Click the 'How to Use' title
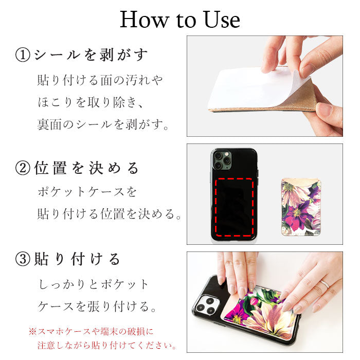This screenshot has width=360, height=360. pos(180,20)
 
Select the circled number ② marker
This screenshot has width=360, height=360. pos(23,168)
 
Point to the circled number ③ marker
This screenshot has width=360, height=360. pos(23,259)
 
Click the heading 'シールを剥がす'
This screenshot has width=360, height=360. pos(91,55)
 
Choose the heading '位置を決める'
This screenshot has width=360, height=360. pos(86,168)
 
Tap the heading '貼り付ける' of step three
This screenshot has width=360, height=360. pos(77,259)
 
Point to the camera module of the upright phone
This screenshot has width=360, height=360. pos(222,160)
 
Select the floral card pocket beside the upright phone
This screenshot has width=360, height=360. pos(301,207)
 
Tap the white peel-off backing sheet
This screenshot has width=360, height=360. pos(255,88)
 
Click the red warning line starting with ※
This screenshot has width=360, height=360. pos(91,332)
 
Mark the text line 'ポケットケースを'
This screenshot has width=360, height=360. pos(87,192)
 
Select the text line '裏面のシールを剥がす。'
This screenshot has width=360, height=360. pos(103,124)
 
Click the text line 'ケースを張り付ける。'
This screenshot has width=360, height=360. pos(97,307)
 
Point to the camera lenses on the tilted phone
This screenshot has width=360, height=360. pos(206,305)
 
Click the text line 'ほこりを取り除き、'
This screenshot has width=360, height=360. pos(91,102)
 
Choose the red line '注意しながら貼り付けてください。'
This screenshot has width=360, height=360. pos(107,345)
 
